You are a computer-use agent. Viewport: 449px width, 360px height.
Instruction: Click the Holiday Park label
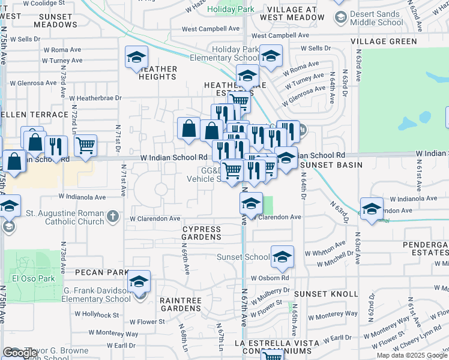[x=231, y=10]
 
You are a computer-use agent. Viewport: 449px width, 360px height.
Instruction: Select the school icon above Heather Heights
[x=136, y=57]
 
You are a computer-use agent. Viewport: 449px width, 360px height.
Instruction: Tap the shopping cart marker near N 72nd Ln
[x=86, y=145]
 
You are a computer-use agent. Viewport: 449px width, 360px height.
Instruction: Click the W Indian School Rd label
[x=174, y=157]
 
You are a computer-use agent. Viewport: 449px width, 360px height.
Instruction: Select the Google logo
[x=19, y=353]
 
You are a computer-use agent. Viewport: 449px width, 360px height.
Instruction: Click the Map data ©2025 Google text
[x=411, y=355]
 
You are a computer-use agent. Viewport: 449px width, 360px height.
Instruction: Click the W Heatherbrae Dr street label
[x=95, y=97]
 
